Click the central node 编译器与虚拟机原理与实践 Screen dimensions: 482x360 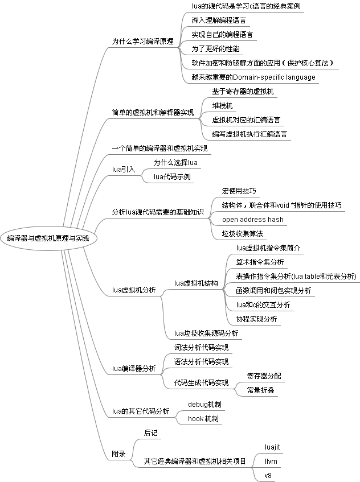(48, 238)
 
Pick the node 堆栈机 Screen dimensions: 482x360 (222, 106)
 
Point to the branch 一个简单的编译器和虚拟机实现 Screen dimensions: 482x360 (159, 149)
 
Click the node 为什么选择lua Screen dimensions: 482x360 (175, 163)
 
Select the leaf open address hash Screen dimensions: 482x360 (252, 219)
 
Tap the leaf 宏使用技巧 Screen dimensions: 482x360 (239, 191)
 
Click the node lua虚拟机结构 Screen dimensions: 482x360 (196, 283)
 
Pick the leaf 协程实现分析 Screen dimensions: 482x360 (256, 319)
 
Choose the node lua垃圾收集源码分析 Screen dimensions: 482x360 (206, 333)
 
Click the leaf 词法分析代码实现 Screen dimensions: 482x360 (201, 347)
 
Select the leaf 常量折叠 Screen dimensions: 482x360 (260, 390)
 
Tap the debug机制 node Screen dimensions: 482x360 (204, 405)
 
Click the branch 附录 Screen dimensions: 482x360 (118, 454)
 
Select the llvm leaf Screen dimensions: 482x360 (271, 460)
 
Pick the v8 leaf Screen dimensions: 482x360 (268, 475)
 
